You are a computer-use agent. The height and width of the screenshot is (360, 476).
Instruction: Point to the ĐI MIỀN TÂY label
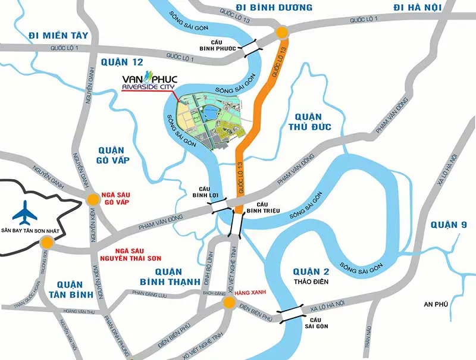tap(58, 36)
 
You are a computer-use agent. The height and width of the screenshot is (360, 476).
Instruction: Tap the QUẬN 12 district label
tap(123, 62)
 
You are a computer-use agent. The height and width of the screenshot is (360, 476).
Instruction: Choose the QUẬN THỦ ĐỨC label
tap(307, 122)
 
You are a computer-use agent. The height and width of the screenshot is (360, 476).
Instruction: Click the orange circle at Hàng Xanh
tap(229, 305)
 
